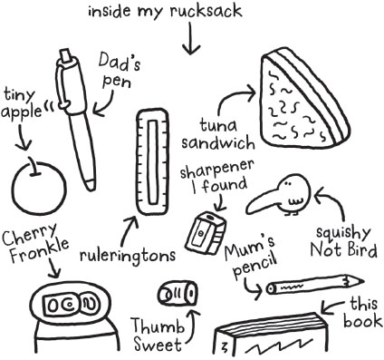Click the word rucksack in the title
(206, 12)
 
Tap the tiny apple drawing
(39, 187)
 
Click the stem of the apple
(34, 166)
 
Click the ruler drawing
(152, 162)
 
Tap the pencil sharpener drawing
(206, 232)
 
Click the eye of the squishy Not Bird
(288, 183)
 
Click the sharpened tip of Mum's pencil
(361, 282)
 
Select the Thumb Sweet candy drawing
(178, 293)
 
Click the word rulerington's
(128, 256)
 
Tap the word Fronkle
(39, 250)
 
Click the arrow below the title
(191, 39)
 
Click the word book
(363, 321)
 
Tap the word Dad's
(120, 62)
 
